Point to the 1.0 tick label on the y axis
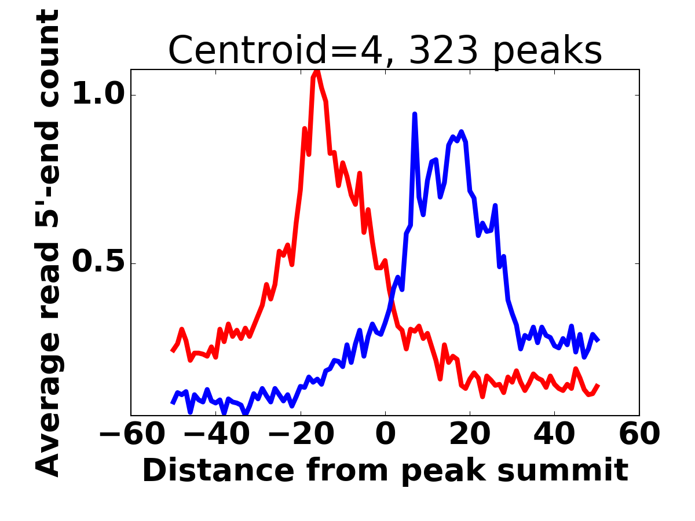click(x=97, y=95)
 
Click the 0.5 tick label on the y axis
click(x=97, y=263)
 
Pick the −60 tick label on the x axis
click(x=131, y=435)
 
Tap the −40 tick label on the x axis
click(x=216, y=435)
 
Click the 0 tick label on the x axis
click(x=385, y=435)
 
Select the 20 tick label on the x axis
click(x=470, y=435)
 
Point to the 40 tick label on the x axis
click(x=554, y=435)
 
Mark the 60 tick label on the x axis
click(x=639, y=435)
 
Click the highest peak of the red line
click(x=317, y=71)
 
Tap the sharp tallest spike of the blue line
click(x=415, y=115)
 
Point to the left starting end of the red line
click(x=172, y=351)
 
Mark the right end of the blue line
click(x=598, y=340)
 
